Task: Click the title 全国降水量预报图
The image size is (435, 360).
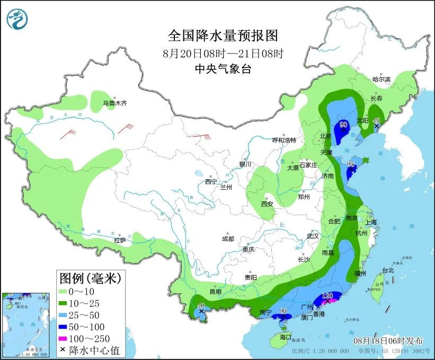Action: pyautogui.click(x=223, y=36)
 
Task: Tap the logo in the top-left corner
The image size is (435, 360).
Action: pyautogui.click(x=16, y=19)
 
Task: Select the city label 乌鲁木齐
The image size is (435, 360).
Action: pyautogui.click(x=115, y=103)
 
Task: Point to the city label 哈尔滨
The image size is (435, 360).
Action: pyautogui.click(x=381, y=79)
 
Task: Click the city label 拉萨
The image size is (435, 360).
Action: pyautogui.click(x=120, y=240)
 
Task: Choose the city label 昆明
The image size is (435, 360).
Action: pyautogui.click(x=215, y=292)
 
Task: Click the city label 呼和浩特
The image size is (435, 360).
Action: pyautogui.click(x=284, y=140)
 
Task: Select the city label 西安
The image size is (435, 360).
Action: pyautogui.click(x=267, y=204)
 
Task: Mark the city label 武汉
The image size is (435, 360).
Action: pyautogui.click(x=313, y=235)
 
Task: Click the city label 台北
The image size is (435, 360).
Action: pyautogui.click(x=388, y=270)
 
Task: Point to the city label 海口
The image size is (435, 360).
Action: pyautogui.click(x=286, y=337)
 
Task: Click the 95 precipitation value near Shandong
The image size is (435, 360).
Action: pyautogui.click(x=350, y=164)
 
